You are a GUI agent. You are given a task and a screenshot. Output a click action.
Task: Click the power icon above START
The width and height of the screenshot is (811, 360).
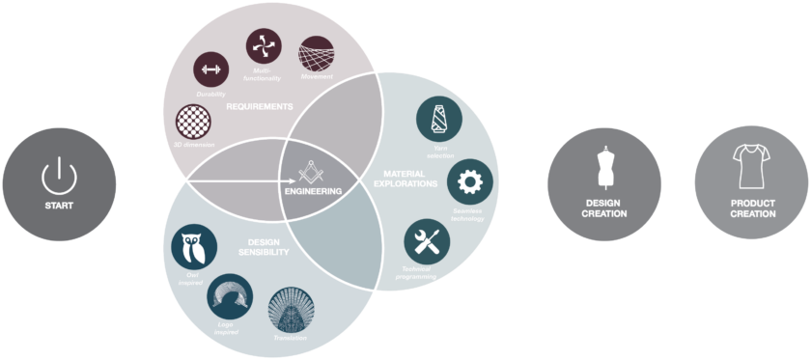(59, 175)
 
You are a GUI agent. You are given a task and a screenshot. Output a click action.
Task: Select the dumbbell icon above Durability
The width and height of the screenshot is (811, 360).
(211, 70)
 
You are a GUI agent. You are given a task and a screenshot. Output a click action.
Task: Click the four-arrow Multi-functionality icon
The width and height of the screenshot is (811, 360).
(264, 45)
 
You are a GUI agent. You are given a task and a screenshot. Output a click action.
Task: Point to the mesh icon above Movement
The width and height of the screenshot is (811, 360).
(316, 57)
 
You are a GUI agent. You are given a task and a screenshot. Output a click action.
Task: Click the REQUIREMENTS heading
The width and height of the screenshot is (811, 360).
(259, 107)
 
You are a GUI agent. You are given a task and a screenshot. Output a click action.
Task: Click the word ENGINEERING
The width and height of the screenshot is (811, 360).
(314, 191)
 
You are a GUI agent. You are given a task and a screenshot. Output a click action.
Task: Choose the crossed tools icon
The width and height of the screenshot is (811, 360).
(427, 242)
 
